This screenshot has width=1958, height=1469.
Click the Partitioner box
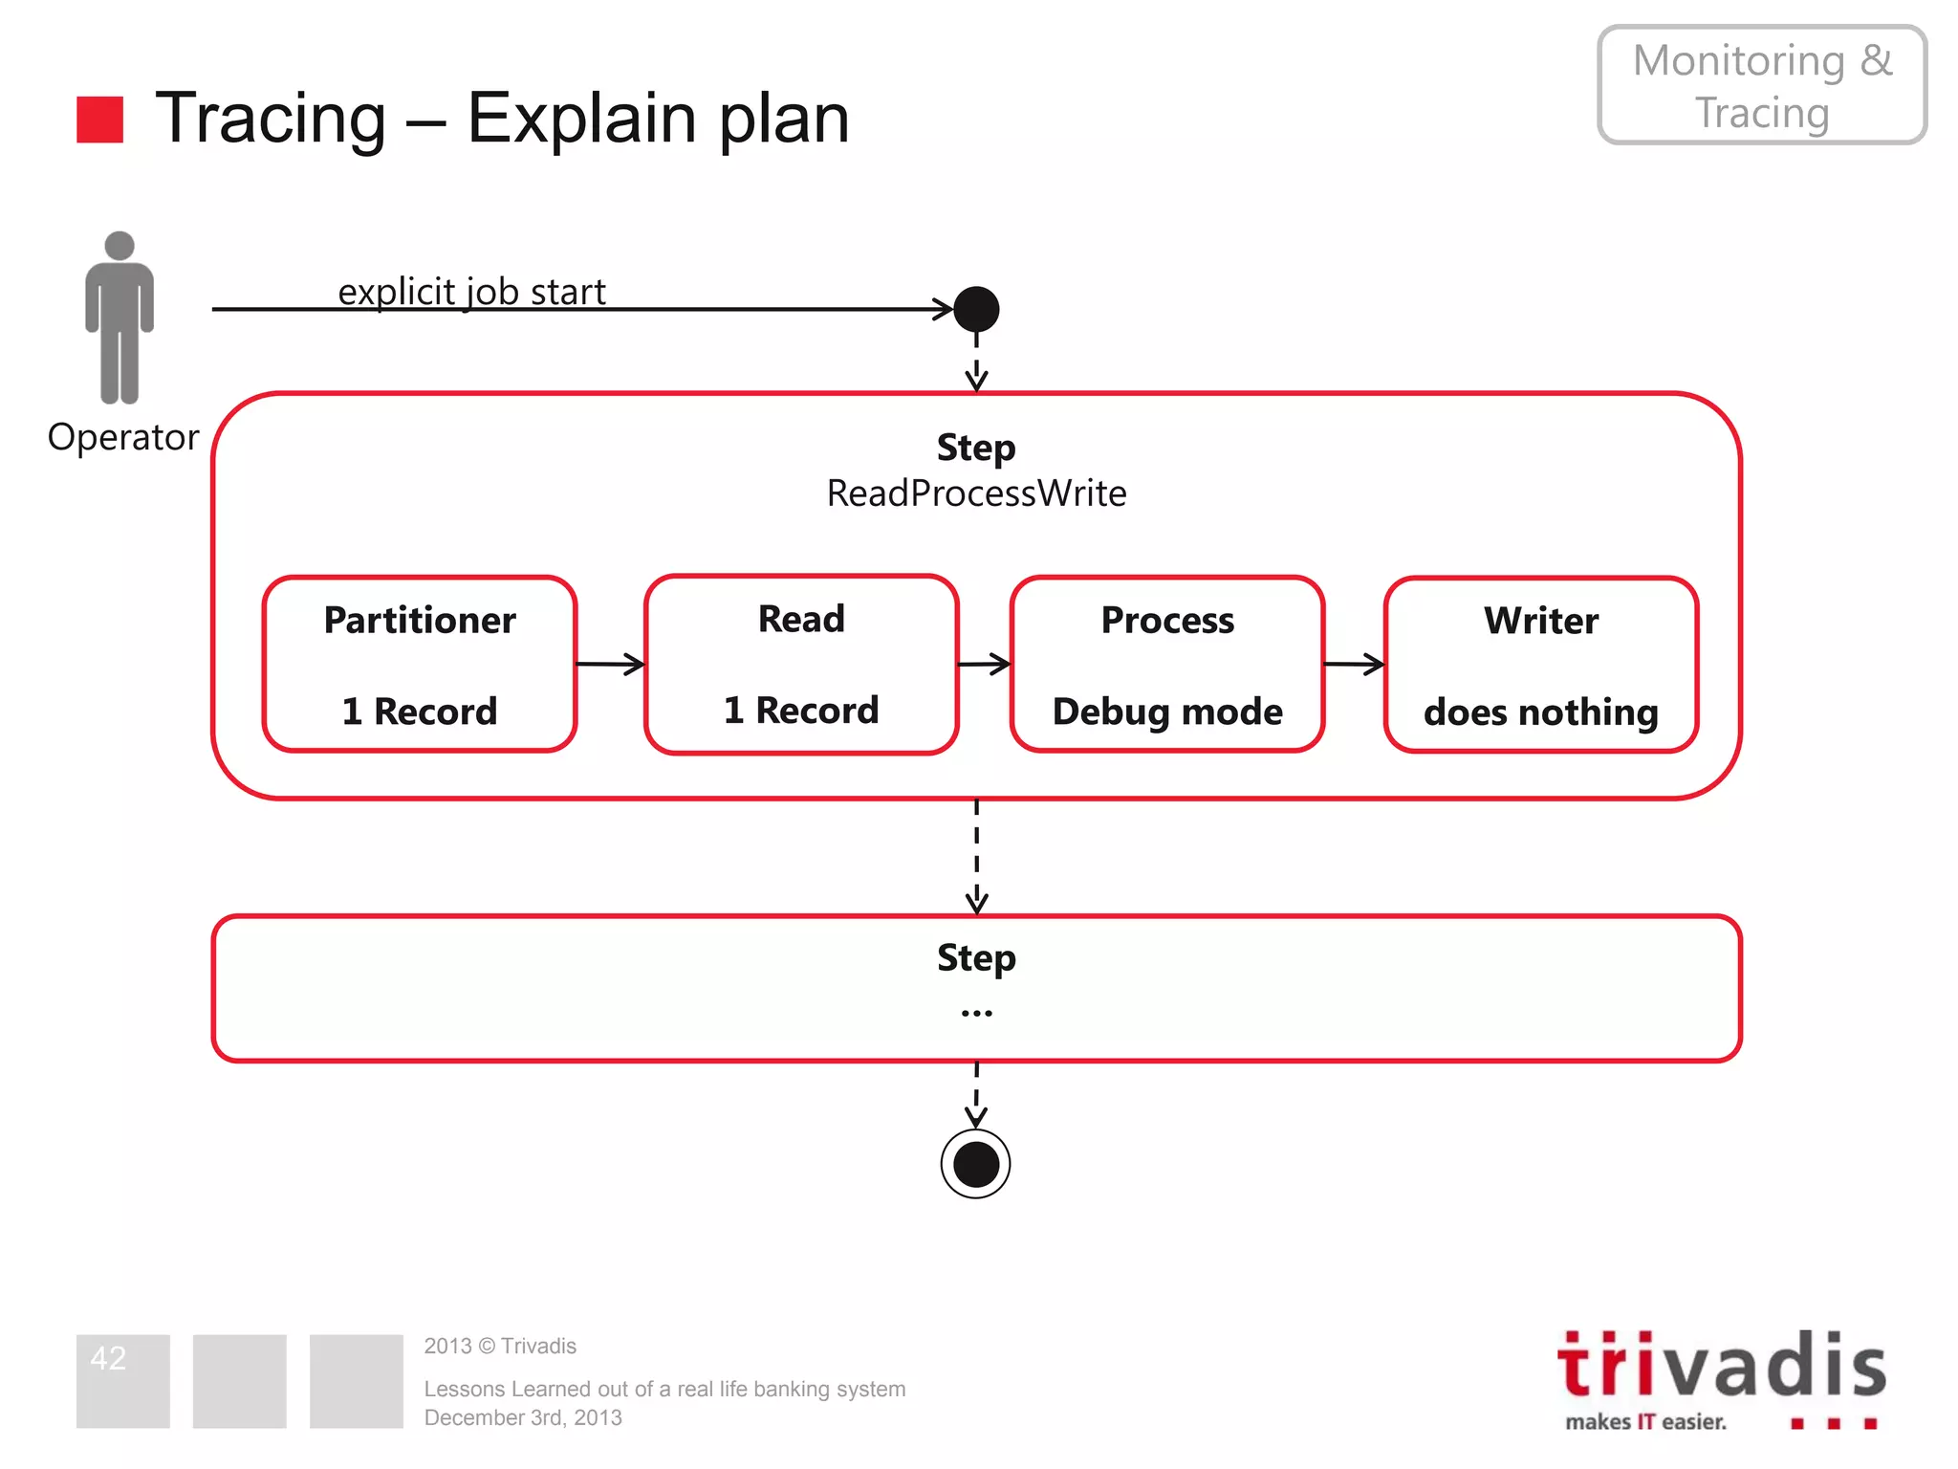click(x=420, y=665)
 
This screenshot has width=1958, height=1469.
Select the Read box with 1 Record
click(x=801, y=665)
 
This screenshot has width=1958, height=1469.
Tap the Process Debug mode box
click(x=1167, y=665)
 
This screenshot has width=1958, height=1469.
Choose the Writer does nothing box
click(x=1541, y=665)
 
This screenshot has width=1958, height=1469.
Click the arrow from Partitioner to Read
click(x=611, y=664)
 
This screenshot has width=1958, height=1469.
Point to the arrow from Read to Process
click(x=984, y=664)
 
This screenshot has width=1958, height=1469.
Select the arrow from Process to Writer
click(x=1354, y=664)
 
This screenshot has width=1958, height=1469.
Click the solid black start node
click(x=976, y=309)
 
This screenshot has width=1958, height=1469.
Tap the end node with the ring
click(x=976, y=1164)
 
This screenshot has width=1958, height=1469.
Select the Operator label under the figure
click(x=123, y=437)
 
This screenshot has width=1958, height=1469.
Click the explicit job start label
click(x=472, y=292)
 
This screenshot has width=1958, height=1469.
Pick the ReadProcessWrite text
click(x=976, y=493)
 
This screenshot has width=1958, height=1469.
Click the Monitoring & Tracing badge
click(x=1762, y=85)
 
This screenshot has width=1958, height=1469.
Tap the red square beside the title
click(x=99, y=120)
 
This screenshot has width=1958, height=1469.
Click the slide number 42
click(x=108, y=1358)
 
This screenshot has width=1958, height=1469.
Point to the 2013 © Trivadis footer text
click(x=500, y=1346)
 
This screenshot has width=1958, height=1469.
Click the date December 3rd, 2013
click(x=523, y=1417)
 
